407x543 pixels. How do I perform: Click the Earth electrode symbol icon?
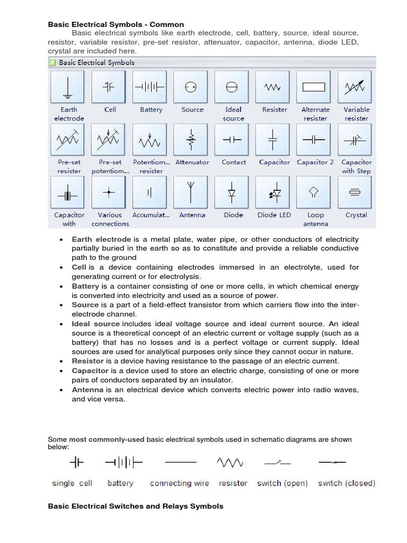coord(67,87)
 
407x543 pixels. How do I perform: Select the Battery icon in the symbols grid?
coord(151,87)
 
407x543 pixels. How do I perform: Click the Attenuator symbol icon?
coord(191,139)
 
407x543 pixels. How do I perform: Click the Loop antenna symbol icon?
coord(315,192)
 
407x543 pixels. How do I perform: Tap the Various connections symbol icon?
coord(109,192)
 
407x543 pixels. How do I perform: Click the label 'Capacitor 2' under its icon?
coord(315,162)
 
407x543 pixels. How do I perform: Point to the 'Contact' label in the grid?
coord(234,162)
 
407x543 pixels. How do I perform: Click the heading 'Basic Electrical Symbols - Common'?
coord(116,24)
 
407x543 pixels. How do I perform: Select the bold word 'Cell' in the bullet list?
coord(79,267)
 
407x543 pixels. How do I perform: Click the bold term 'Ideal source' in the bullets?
coord(96,323)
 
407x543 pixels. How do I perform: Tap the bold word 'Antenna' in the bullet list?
coord(87,390)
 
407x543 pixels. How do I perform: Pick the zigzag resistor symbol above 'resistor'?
coord(230,463)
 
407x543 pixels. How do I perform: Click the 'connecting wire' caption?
coord(179,483)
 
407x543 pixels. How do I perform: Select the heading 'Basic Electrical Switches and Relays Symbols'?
coord(136,506)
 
